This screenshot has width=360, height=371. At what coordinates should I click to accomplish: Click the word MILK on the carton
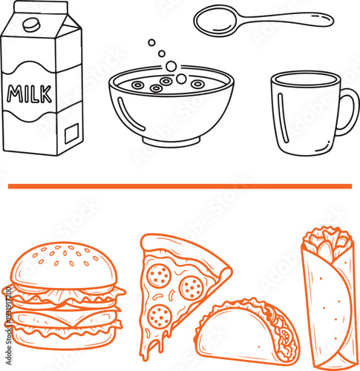tap(30, 93)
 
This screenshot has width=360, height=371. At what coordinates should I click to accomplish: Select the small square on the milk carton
tap(72, 134)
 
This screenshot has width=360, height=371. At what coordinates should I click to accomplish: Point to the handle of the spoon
tap(289, 16)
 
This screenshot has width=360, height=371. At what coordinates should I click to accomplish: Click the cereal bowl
tap(171, 111)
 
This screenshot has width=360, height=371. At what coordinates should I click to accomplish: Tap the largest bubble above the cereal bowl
tap(171, 67)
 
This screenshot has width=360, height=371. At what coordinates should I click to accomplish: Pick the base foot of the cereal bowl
tap(171, 142)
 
